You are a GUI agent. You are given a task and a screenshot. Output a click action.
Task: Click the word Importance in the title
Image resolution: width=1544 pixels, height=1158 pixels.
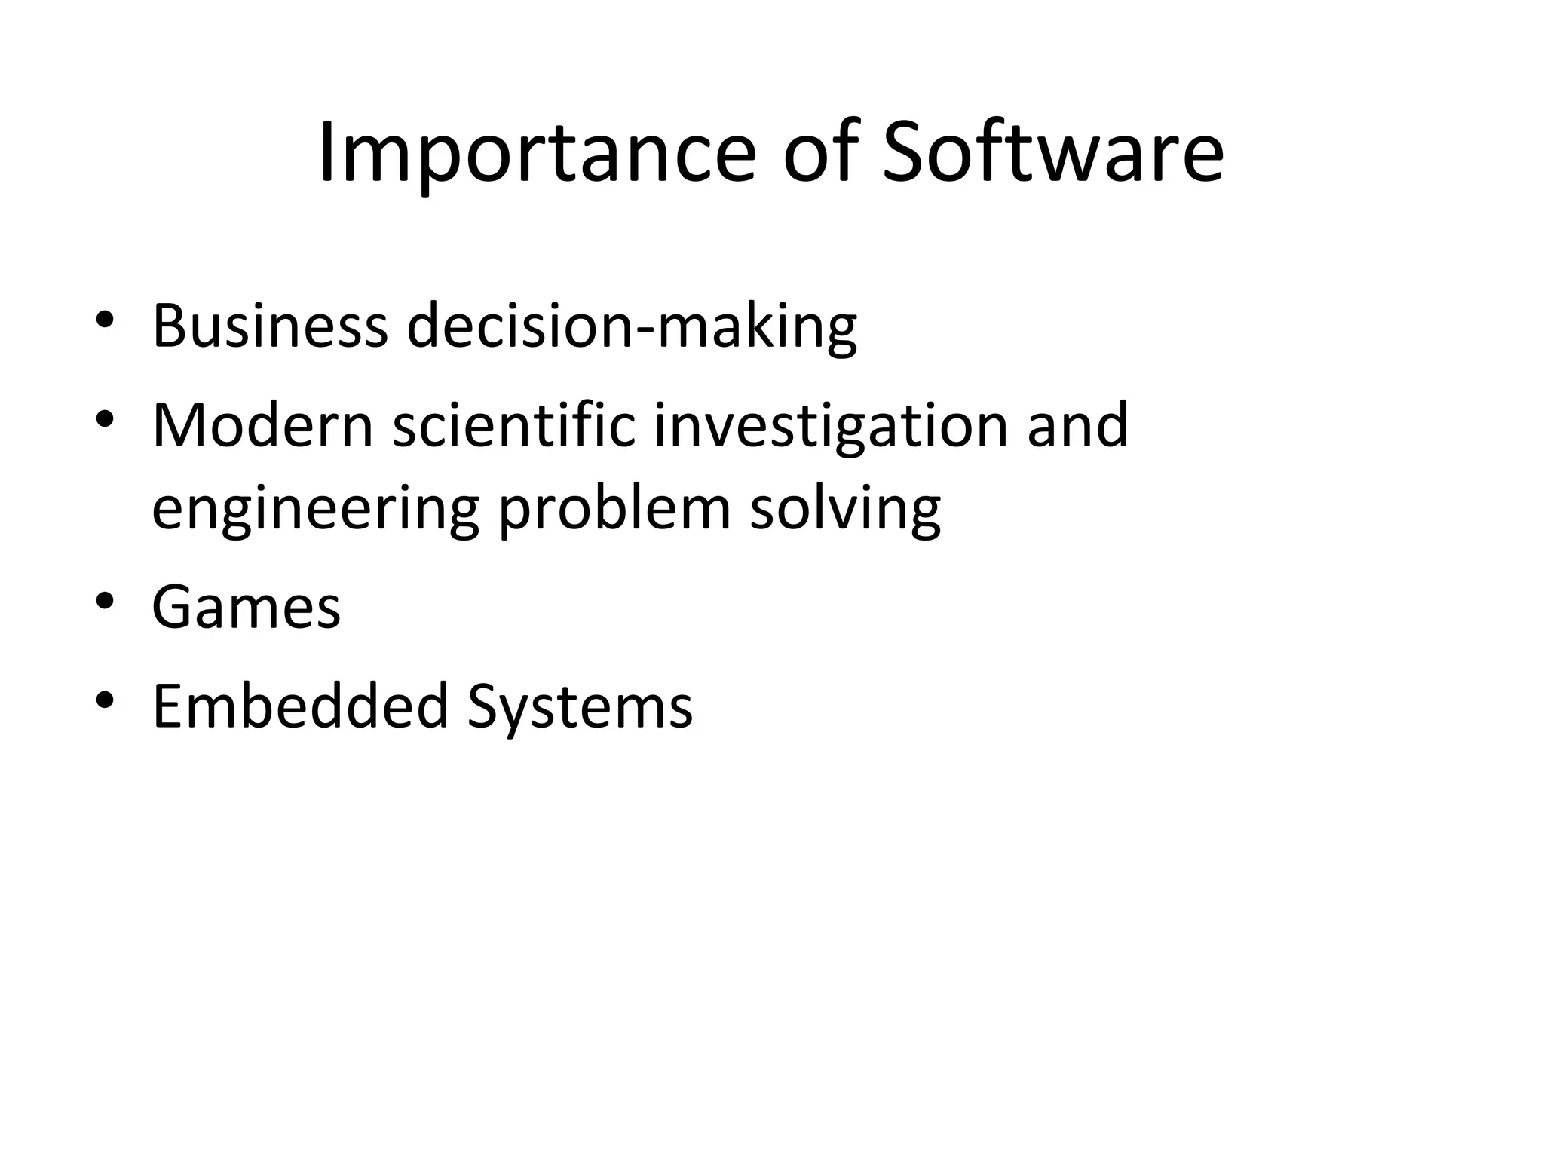click(x=536, y=155)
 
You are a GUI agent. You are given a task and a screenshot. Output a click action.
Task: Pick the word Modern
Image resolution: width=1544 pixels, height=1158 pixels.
click(x=263, y=425)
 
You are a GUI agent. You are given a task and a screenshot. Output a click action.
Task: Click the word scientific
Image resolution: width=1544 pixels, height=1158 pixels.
click(x=514, y=425)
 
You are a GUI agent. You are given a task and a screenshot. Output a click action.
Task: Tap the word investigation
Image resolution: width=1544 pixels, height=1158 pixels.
click(x=830, y=427)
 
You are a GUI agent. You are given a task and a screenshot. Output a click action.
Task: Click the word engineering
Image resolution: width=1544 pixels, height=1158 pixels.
click(x=316, y=510)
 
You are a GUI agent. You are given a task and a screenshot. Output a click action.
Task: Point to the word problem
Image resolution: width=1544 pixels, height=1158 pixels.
click(x=614, y=510)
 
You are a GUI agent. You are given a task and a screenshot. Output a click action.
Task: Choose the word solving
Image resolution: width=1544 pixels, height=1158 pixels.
click(x=845, y=510)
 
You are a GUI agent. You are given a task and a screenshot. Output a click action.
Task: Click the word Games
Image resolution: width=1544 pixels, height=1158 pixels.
click(x=247, y=607)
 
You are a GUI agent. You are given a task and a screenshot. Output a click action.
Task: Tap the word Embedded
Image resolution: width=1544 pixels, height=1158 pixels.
click(x=300, y=706)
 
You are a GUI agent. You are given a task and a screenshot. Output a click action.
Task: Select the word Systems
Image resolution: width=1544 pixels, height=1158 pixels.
click(x=580, y=707)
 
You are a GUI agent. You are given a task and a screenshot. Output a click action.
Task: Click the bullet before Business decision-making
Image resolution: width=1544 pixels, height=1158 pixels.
click(x=105, y=319)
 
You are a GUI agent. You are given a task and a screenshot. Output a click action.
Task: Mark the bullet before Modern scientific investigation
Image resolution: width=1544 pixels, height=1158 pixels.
click(x=105, y=418)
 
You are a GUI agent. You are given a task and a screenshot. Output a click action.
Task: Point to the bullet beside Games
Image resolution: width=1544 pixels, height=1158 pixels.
click(x=105, y=601)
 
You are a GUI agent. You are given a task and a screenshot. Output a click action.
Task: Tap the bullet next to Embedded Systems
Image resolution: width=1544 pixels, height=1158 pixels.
click(x=105, y=700)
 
